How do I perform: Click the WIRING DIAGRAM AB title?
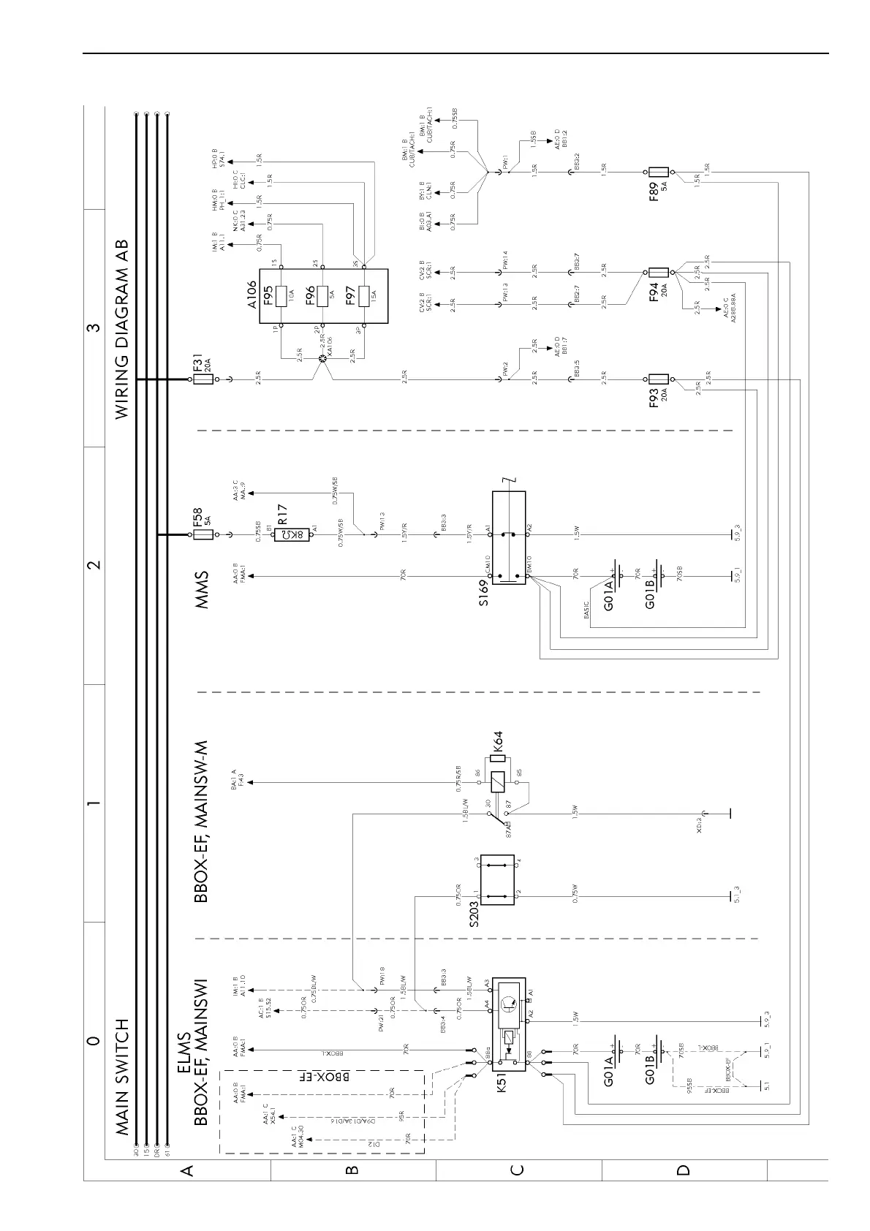pos(122,329)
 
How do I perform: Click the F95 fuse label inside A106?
pos(269,295)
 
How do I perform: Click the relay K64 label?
pos(499,743)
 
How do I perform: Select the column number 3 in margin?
pos(93,327)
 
